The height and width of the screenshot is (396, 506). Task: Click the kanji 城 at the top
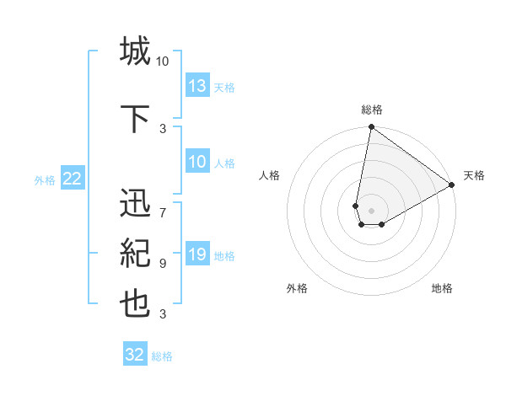[135, 51]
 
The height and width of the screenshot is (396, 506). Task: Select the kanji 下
[135, 116]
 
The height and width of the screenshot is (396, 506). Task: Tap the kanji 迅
[135, 206]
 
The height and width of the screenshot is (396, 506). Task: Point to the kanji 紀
[135, 254]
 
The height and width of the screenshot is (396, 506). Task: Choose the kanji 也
[135, 304]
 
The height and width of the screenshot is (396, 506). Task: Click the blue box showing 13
[197, 86]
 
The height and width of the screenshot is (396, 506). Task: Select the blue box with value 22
[73, 179]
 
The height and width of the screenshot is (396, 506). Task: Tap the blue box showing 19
[197, 254]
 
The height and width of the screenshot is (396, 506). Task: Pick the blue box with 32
[135, 355]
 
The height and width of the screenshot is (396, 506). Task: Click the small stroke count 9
[163, 264]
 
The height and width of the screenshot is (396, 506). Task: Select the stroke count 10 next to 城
[163, 62]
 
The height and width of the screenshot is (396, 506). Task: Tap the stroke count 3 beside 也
[163, 314]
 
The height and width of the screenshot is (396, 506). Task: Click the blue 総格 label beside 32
[162, 356]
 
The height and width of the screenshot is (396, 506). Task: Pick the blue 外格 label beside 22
[45, 179]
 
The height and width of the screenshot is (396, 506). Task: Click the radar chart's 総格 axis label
[371, 110]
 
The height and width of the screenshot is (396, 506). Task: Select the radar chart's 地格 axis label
[442, 288]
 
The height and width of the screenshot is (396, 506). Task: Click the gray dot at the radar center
[371, 208]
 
